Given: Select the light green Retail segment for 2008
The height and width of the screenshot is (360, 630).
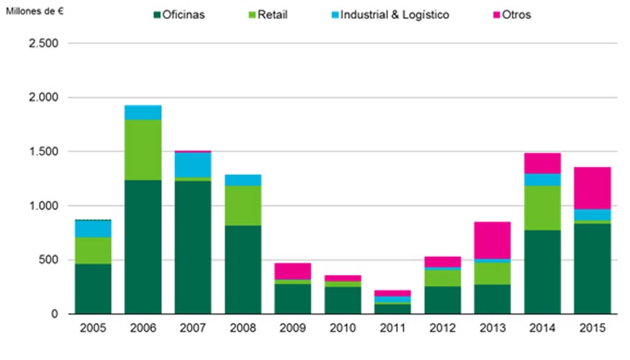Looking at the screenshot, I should coord(243,205).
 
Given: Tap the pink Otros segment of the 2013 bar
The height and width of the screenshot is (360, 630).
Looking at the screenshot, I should coord(492,240).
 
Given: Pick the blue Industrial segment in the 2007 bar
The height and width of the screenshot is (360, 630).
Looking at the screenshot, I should coord(192,164).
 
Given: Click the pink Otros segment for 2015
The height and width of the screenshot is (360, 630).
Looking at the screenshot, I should coord(592,188).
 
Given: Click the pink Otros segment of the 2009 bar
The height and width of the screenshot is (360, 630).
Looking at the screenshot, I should coord(292,271).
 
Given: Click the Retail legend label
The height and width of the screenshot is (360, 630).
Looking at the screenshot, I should coord(272,14).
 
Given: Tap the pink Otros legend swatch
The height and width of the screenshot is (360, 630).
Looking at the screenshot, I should coord(495,14).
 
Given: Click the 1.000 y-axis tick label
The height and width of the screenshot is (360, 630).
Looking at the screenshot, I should coord(46,206).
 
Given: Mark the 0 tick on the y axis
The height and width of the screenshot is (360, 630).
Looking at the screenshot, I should coord(55,314).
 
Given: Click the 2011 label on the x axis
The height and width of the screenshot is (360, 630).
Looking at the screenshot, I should coord(392,329).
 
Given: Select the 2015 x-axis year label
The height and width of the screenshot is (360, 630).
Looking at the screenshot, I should coord(592,329).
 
